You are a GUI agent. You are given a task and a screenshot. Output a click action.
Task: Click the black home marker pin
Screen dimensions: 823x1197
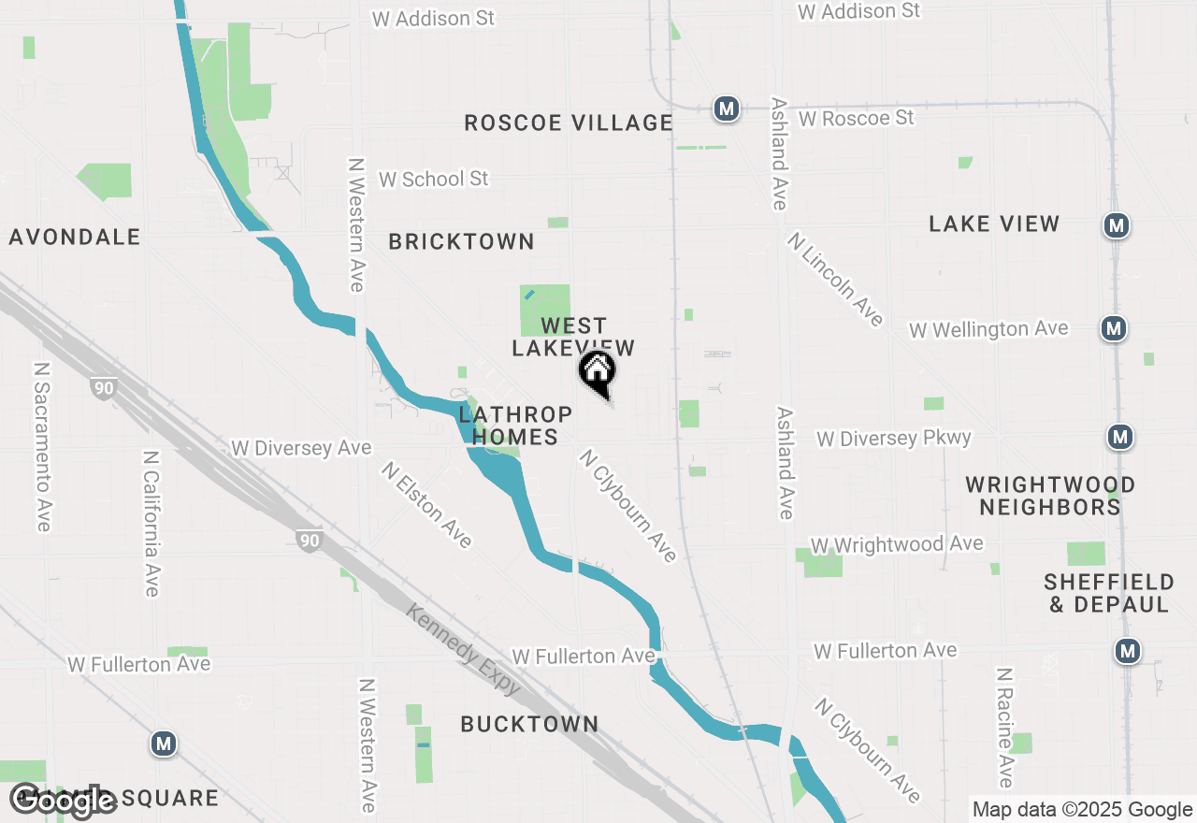point(598,372)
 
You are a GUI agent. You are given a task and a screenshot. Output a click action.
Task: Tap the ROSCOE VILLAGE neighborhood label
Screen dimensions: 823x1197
point(569,123)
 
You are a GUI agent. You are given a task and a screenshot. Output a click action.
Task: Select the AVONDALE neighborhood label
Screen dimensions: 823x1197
point(75,237)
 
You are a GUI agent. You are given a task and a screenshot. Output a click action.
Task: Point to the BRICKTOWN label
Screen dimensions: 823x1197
point(461,241)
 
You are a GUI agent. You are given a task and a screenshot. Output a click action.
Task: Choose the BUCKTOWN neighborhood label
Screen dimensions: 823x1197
point(529,724)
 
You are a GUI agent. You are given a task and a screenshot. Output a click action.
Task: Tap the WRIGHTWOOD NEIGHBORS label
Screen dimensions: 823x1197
point(1050,496)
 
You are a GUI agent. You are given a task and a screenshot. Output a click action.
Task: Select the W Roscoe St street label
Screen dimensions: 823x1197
point(856,118)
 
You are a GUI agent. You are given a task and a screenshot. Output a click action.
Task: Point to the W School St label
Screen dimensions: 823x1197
point(433,178)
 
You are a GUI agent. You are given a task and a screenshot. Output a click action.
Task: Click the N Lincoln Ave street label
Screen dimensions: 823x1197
point(835,279)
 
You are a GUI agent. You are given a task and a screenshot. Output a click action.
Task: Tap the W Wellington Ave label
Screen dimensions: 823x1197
point(988,329)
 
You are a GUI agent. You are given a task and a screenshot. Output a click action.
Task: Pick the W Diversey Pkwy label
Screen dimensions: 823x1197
point(894,438)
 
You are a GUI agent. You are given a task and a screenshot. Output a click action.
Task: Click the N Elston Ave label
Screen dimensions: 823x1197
point(426,503)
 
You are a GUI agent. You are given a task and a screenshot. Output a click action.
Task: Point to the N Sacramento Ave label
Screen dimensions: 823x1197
point(42,447)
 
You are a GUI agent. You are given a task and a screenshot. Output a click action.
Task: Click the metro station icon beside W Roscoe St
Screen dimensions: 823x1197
point(726,109)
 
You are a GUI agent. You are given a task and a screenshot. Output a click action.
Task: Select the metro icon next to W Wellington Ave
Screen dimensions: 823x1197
point(1113,328)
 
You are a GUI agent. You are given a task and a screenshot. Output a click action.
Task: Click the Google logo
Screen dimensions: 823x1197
point(62,800)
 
